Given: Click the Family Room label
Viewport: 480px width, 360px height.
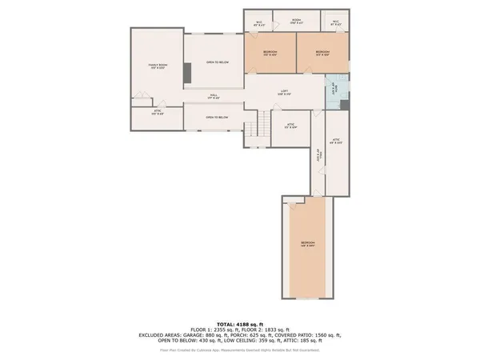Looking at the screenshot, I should coord(157,66).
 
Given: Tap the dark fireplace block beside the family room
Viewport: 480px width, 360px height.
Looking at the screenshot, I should coord(187,73).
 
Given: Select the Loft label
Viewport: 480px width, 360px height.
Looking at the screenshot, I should coord(284,92).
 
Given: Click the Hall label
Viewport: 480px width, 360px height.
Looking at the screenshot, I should coord(214,96).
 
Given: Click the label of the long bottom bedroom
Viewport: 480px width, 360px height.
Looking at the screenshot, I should coord(308,243).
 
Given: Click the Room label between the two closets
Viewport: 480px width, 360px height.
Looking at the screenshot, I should coord(296,22).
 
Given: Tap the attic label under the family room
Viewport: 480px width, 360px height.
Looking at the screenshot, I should coord(157,113).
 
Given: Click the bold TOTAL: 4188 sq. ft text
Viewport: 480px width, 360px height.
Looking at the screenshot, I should coord(240,322).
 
